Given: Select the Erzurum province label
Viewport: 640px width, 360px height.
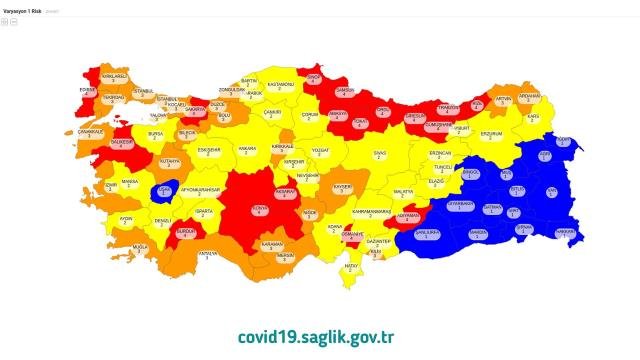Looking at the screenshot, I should pos(491,133).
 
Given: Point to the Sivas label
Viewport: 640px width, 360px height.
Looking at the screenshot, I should pos(379,155).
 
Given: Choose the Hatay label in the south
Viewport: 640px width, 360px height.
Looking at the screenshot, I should pos(351,267).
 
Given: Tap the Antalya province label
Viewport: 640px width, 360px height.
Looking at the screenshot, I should pos(207,254).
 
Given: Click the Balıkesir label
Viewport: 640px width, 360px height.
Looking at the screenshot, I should pos(122,146).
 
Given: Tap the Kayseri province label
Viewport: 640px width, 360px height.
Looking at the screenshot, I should pos(341,188).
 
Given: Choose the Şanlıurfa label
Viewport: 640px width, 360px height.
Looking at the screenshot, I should pos(428,234).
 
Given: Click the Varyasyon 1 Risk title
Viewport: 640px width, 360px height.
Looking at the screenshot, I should pos(27,10).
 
